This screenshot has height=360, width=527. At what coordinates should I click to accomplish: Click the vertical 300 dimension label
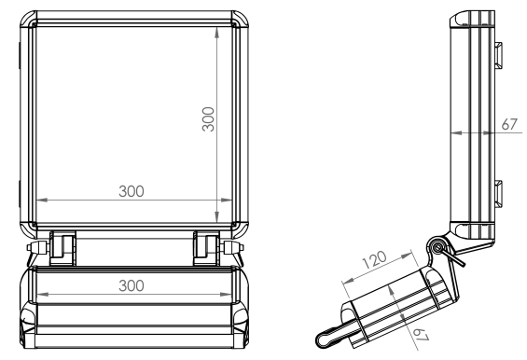click(x=208, y=119)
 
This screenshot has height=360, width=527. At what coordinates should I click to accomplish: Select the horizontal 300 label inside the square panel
click(x=132, y=191)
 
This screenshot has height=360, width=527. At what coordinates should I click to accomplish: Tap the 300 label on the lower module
click(x=132, y=285)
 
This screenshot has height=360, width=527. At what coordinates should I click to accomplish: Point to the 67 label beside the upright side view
click(x=509, y=124)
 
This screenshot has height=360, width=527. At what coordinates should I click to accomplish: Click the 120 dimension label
click(x=374, y=259)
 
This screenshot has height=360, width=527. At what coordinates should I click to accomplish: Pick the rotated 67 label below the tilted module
click(x=421, y=335)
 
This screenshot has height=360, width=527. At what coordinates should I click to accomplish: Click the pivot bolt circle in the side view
click(x=437, y=248)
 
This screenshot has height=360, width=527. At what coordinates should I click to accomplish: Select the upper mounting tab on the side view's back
click(x=498, y=55)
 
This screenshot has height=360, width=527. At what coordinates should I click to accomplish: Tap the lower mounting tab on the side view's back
click(x=498, y=194)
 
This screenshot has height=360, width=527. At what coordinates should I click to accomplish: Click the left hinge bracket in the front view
click(x=62, y=248)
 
